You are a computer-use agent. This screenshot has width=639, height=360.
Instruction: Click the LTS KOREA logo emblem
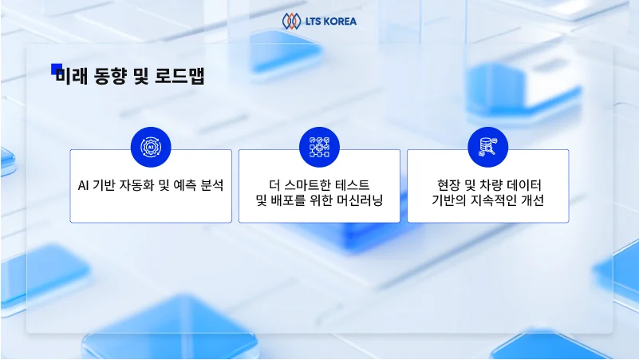point(291,21)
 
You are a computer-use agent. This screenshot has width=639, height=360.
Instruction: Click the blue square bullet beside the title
point(56,69)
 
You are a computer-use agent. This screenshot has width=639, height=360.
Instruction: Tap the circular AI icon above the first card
point(151,147)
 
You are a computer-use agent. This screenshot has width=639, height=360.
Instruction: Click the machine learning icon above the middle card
point(319,147)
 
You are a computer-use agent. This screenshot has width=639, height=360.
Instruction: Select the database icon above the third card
point(487,147)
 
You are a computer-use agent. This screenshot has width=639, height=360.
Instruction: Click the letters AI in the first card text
point(84,185)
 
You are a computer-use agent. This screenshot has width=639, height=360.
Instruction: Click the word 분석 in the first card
point(211,185)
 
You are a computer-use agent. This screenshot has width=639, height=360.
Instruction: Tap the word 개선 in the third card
point(531,201)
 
